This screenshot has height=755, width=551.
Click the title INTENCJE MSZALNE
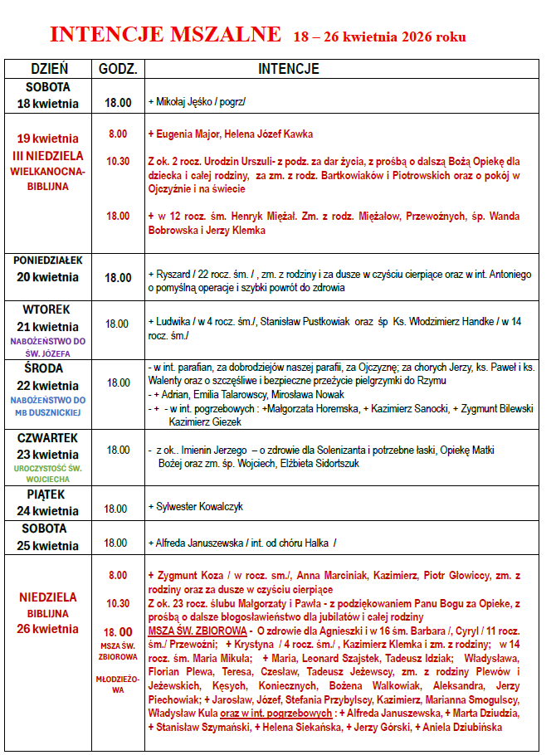point(165,35)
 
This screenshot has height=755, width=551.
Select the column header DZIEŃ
point(49,69)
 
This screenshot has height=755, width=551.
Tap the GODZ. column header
point(118,69)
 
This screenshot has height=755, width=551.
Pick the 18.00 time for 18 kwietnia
point(118,103)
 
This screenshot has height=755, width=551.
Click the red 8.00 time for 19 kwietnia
point(118,134)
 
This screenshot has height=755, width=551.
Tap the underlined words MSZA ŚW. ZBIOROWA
point(197,629)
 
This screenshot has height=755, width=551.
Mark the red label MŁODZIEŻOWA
point(118,684)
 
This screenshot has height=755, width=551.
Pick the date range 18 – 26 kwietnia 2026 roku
point(379,37)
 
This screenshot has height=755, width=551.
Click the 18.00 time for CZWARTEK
point(118,450)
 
